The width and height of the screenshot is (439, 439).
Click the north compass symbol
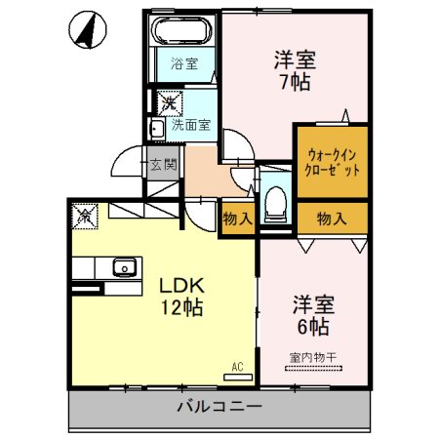coord(88,30)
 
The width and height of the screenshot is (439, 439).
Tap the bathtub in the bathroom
coord(181,30)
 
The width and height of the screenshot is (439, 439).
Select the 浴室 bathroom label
coord(184,63)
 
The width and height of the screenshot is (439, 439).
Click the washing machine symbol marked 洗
coord(170,103)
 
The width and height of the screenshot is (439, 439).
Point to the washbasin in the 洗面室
coord(157,129)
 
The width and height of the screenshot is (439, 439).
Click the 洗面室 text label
coord(191,125)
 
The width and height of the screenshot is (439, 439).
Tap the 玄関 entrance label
coord(164,165)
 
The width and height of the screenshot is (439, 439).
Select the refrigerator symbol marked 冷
coord(85,217)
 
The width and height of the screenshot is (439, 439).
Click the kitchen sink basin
coord(125,267)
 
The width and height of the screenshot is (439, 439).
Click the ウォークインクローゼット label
coord(332,162)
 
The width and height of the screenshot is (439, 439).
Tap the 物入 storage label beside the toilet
coord(238,219)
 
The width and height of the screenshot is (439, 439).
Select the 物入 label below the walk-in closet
coord(332,219)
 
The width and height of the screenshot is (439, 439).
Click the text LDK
coord(181,286)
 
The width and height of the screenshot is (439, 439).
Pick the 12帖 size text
coord(182,307)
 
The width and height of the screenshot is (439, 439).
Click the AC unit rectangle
coord(238,378)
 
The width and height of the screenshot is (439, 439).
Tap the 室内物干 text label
coord(313,358)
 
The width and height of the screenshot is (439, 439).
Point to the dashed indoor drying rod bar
coord(313,369)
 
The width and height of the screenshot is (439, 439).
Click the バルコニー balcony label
coord(219,407)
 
